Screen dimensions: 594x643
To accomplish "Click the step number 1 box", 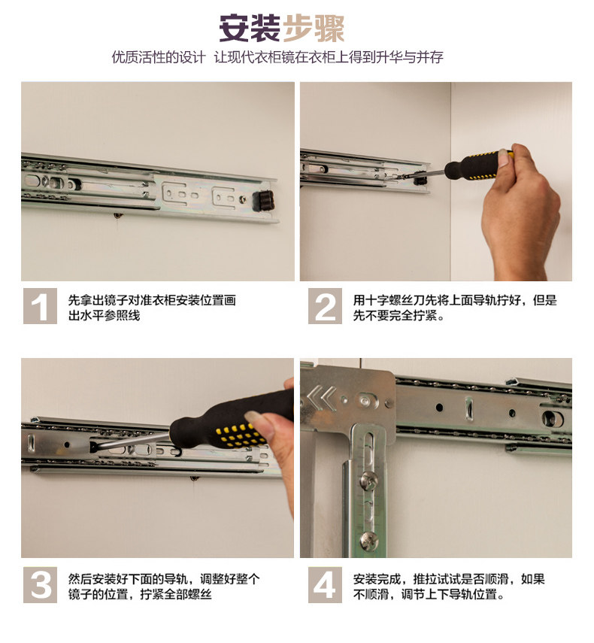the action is (x=40, y=306).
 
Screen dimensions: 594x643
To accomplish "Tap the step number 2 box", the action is (x=325, y=306).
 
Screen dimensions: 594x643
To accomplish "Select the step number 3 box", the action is (x=40, y=585).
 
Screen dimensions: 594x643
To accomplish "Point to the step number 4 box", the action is (x=325, y=585).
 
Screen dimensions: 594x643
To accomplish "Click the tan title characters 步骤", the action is (x=314, y=28).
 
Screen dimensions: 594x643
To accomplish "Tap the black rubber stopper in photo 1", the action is (x=263, y=201).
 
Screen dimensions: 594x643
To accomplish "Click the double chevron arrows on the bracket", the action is (x=322, y=398).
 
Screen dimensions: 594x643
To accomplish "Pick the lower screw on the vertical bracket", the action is (x=369, y=539).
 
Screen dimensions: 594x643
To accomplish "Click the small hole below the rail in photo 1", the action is (x=117, y=215).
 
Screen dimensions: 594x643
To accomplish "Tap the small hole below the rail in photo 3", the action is (x=194, y=478).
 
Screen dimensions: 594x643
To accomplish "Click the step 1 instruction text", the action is (x=152, y=308).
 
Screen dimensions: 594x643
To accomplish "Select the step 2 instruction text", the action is (x=455, y=308).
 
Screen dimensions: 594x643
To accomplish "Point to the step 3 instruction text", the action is (x=164, y=587).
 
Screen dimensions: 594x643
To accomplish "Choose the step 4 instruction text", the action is (x=449, y=587).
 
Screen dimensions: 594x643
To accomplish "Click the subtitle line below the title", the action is (x=277, y=57).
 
